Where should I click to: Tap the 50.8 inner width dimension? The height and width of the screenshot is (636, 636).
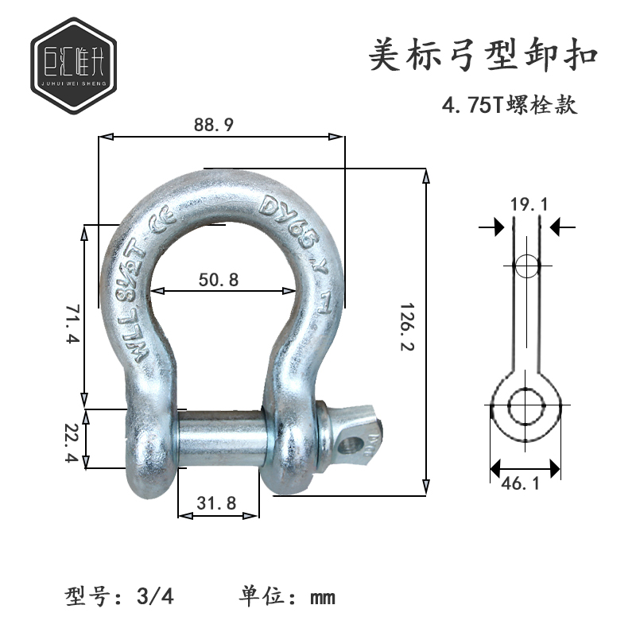[216, 279]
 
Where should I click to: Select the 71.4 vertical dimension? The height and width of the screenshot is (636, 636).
[71, 320]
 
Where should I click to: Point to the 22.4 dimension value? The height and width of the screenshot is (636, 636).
[71, 438]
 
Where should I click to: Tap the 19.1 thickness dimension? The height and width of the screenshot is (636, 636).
[529, 205]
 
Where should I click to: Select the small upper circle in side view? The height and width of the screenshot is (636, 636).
[525, 266]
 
